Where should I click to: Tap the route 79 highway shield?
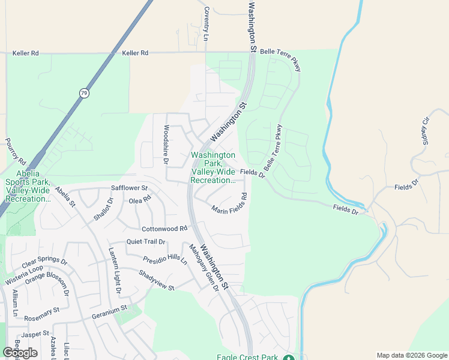[83, 93]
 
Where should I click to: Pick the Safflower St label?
[129, 188]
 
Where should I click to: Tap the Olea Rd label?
[140, 200]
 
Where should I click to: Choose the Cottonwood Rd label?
[165, 229]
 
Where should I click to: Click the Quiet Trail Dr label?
[145, 242]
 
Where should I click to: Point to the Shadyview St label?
[156, 280]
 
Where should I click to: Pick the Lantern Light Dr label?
[114, 271]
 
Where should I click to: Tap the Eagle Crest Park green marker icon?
[288, 358]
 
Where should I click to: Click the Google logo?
[20, 353]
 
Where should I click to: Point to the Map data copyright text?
[412, 355]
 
